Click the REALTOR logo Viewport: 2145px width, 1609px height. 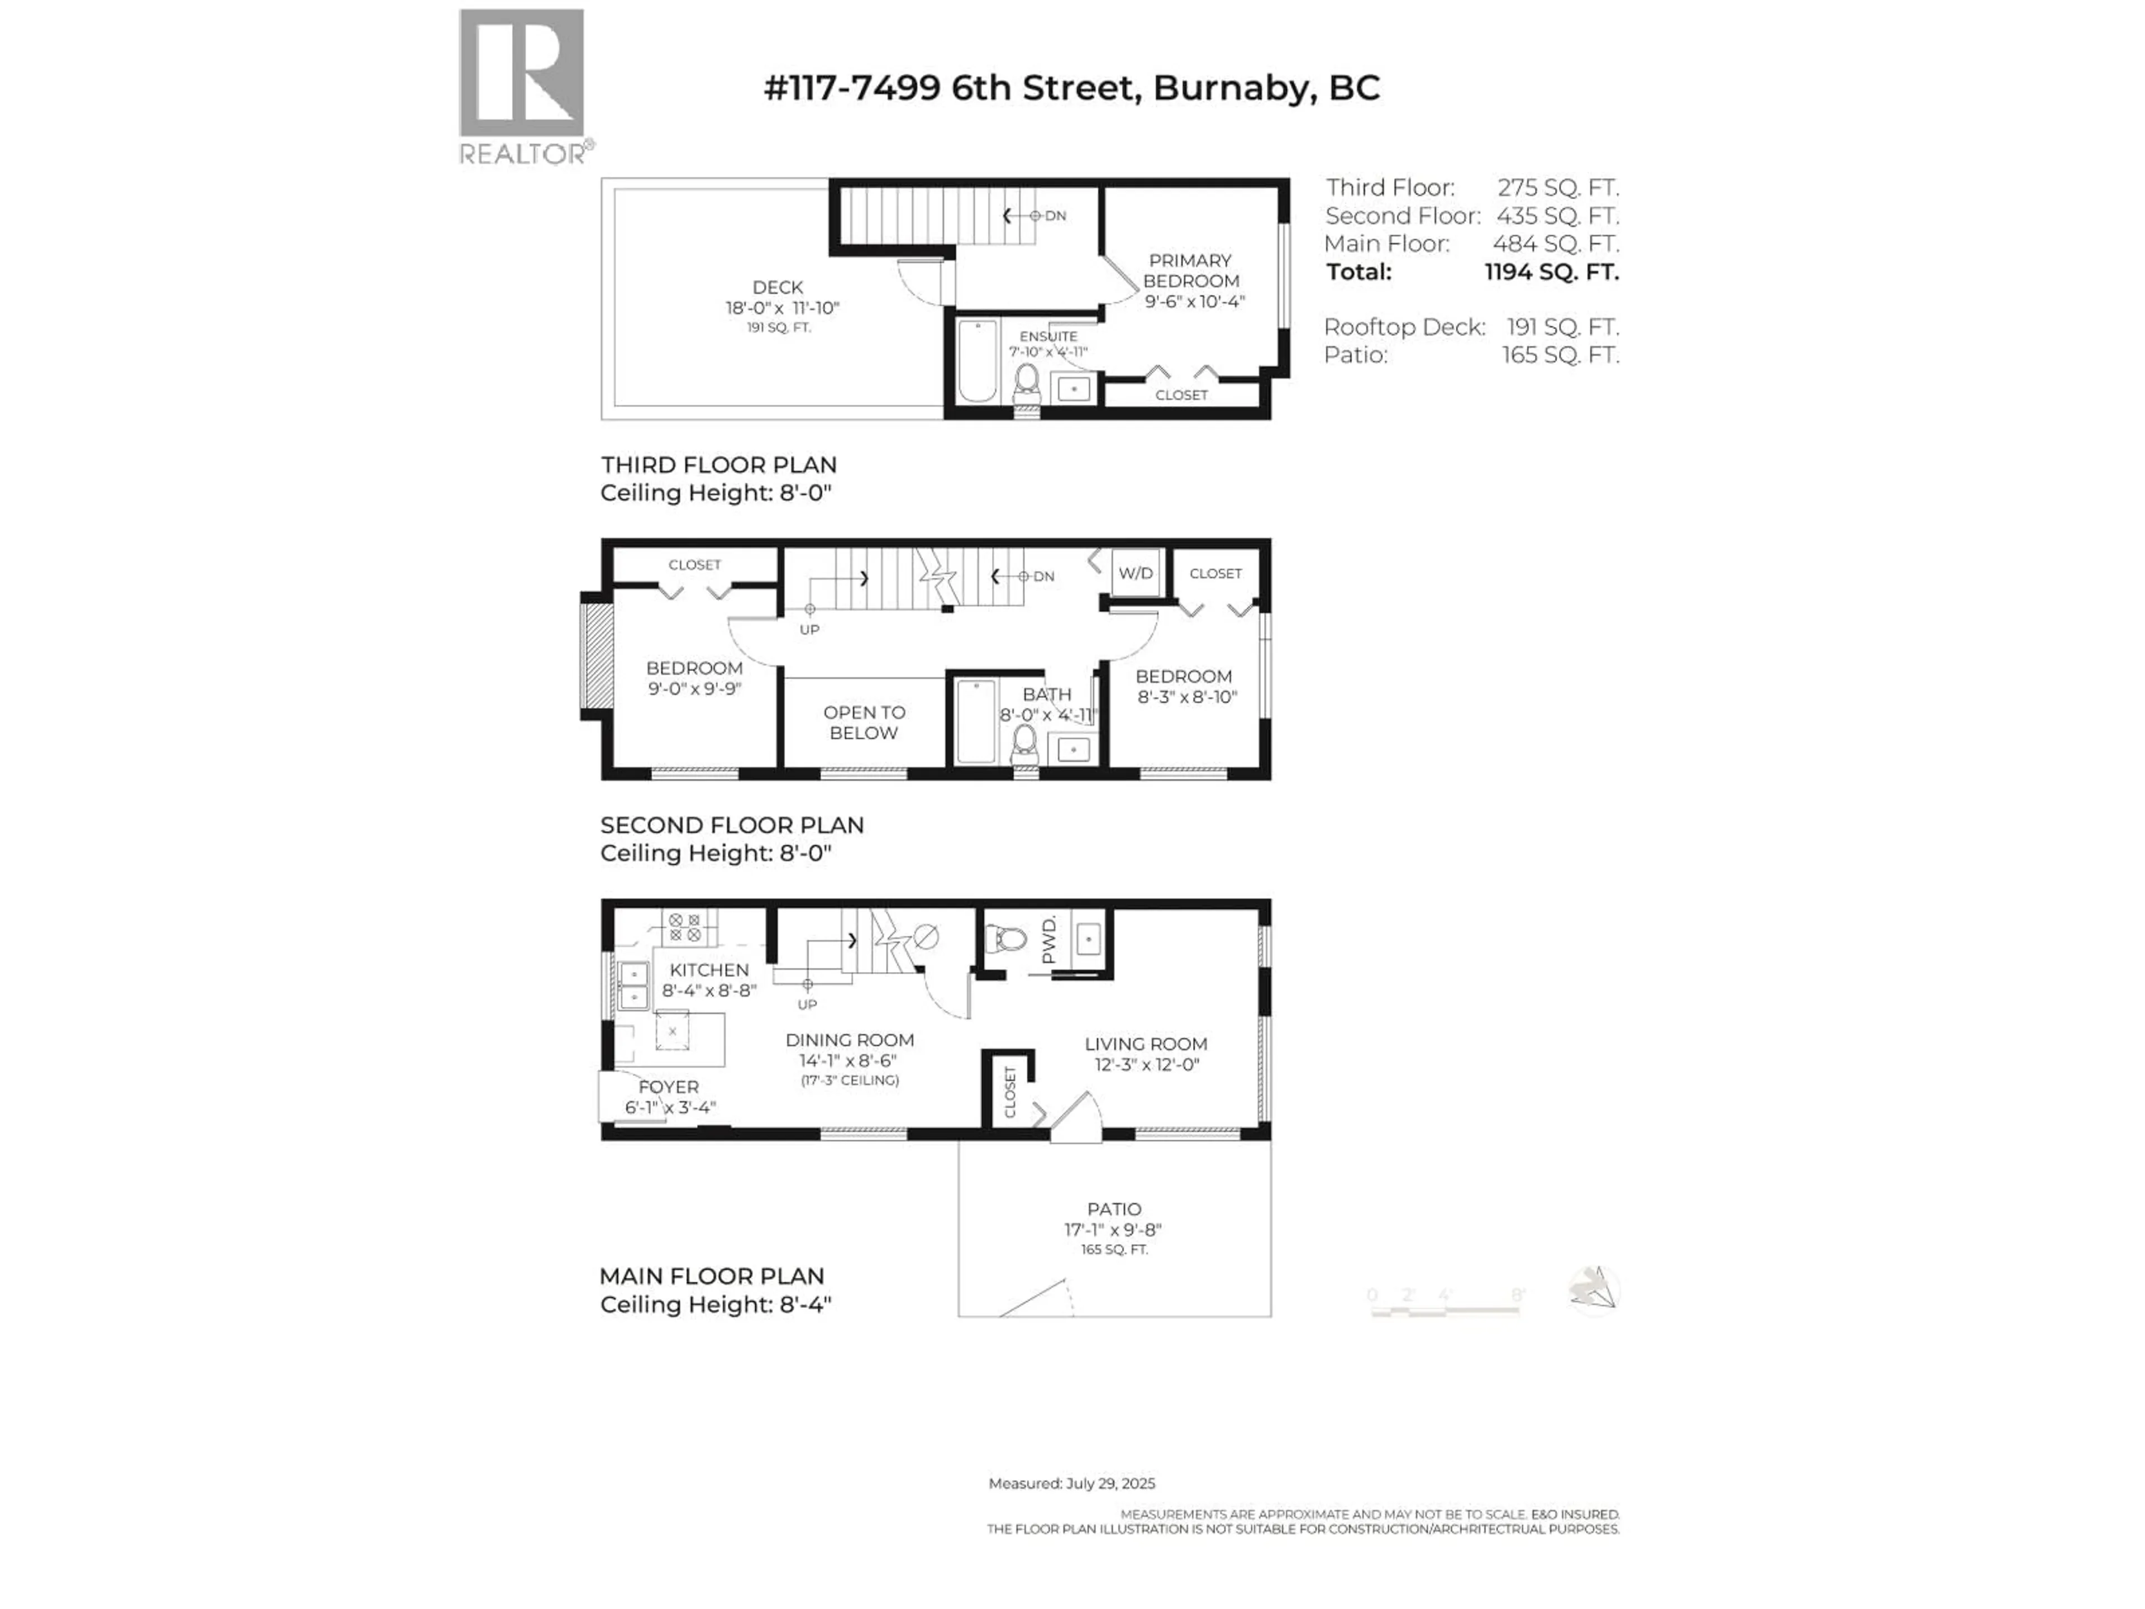point(522,85)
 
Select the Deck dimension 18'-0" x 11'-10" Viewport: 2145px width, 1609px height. point(781,307)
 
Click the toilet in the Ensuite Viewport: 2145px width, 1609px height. point(1026,384)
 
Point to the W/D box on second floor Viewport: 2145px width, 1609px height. point(1136,573)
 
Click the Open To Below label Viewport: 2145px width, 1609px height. point(864,722)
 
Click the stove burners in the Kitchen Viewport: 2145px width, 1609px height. point(685,927)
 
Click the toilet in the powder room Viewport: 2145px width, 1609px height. point(1007,938)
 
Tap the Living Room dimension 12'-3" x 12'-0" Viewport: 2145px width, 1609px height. point(1147,1064)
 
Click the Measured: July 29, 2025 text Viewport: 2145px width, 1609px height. point(1071,1483)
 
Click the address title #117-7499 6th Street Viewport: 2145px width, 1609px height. point(1071,88)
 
